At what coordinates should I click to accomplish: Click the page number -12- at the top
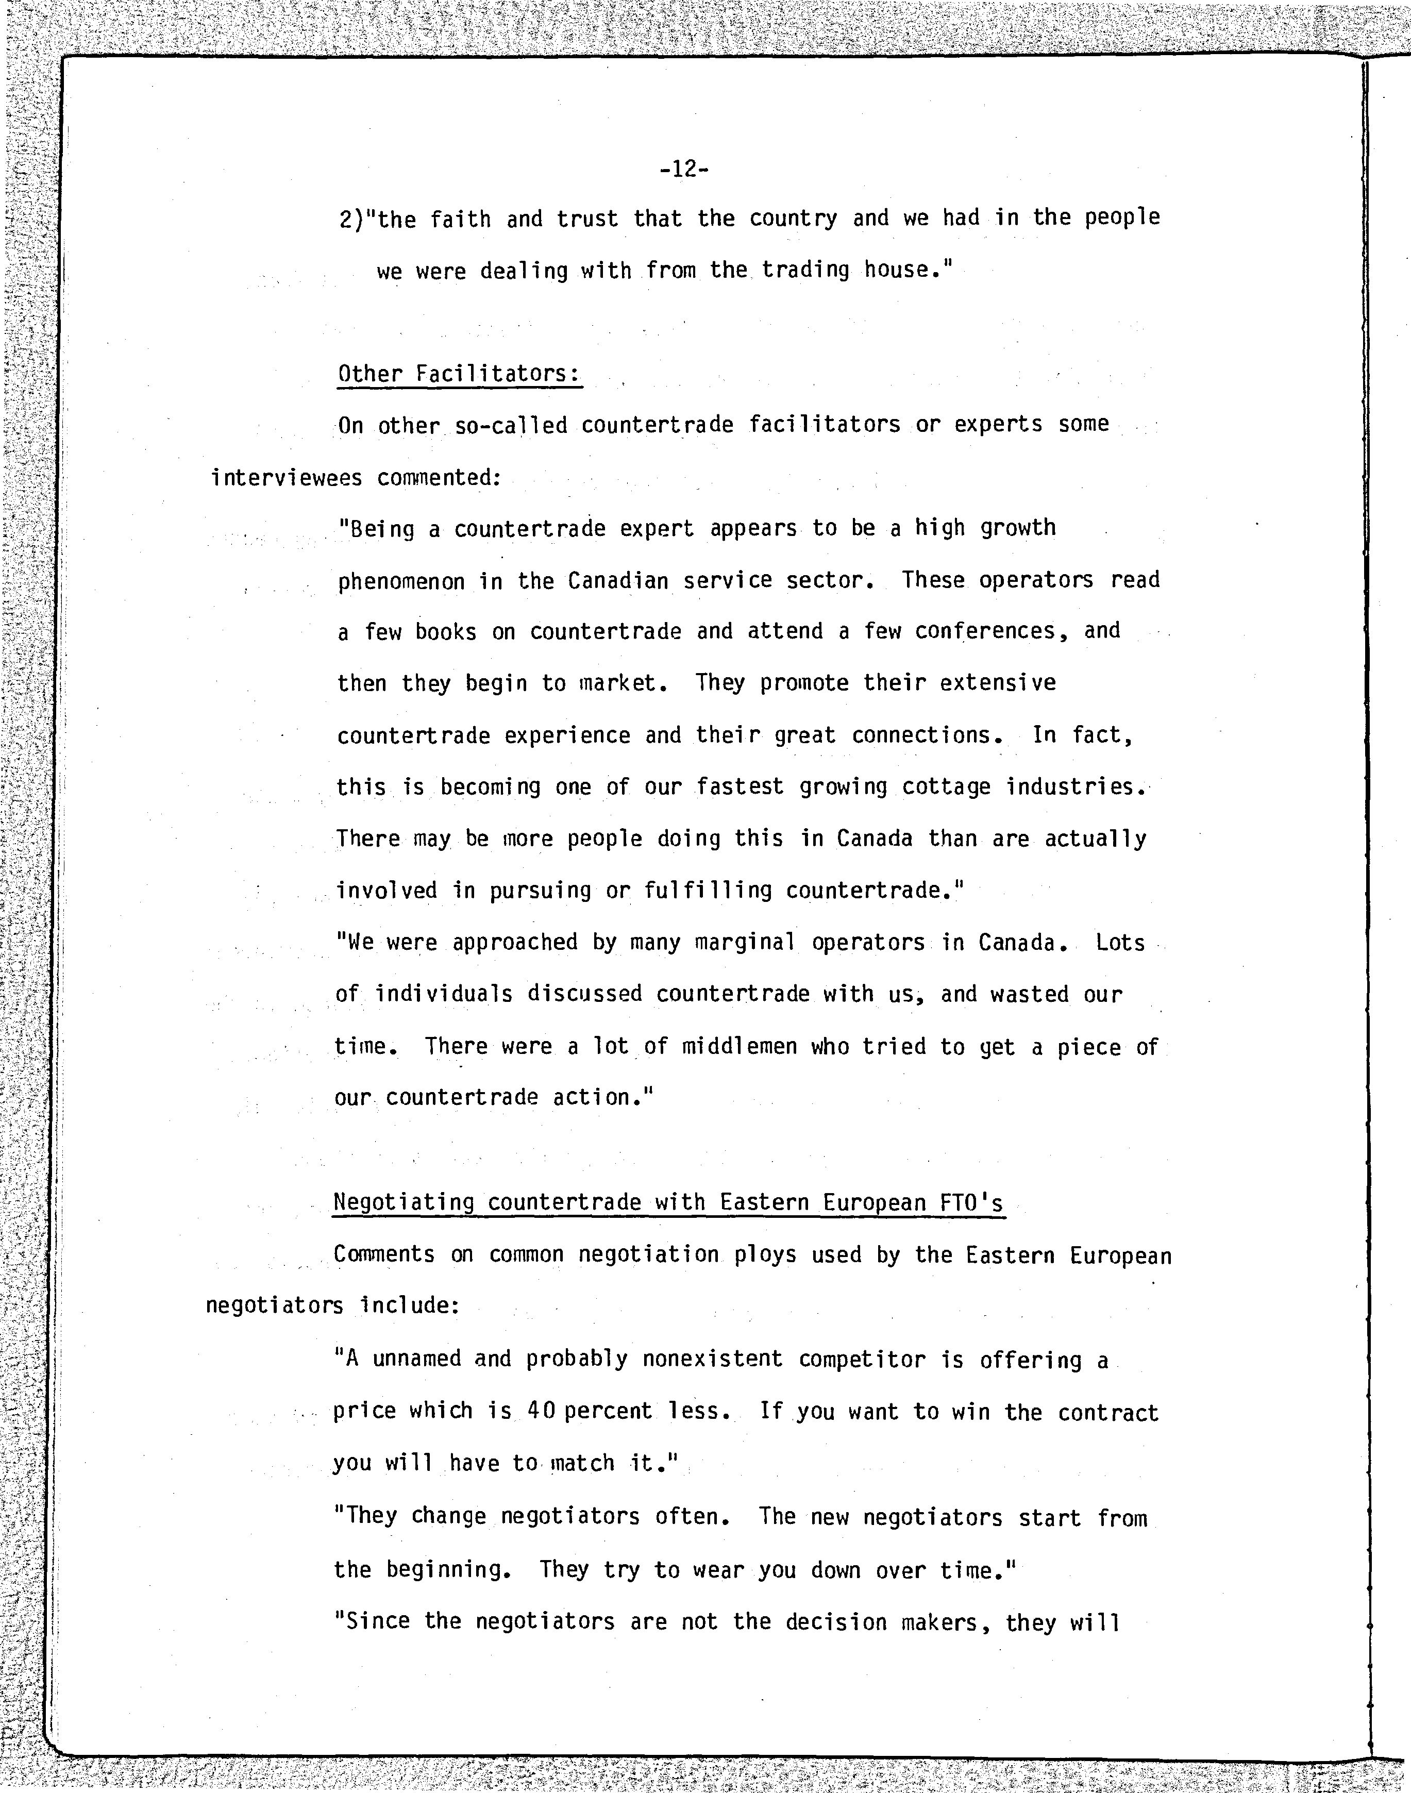click(684, 170)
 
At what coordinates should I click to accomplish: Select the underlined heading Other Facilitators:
click(459, 374)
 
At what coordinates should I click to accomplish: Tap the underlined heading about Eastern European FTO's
click(667, 1202)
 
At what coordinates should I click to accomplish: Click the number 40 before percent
click(541, 1411)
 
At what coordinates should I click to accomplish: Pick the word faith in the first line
click(460, 220)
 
